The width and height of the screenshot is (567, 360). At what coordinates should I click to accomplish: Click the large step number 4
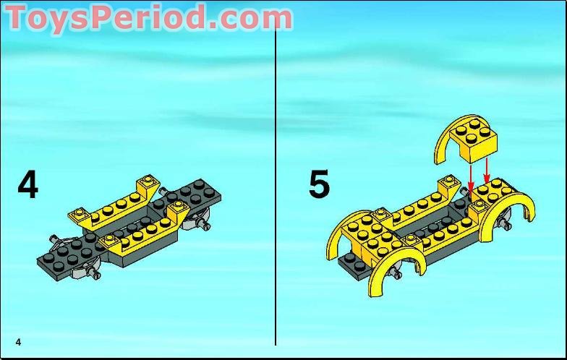[x=27, y=185]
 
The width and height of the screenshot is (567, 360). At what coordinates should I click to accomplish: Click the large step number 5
[x=320, y=184]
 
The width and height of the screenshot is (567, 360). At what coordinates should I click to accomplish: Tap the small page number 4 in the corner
[x=19, y=341]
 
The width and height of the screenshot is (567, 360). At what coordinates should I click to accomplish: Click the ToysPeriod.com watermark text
[x=149, y=17]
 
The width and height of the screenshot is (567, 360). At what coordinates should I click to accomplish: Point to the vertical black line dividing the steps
[x=276, y=181]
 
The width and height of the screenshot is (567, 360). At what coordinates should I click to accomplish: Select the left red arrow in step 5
[x=471, y=177]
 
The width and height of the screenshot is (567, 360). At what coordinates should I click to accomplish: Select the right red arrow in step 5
[x=487, y=170]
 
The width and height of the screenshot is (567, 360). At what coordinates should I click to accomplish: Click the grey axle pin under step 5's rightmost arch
[x=506, y=223]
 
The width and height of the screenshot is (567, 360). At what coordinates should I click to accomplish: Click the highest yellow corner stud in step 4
[x=147, y=179]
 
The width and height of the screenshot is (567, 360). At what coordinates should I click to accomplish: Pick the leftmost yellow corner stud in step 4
[x=78, y=212]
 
